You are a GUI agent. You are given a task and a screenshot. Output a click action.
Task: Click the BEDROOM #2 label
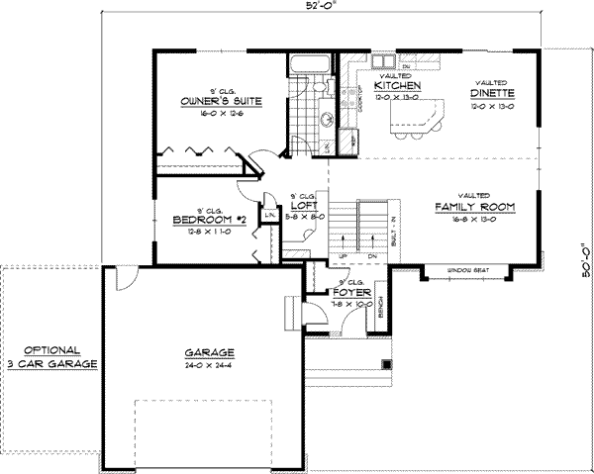[x=201, y=220]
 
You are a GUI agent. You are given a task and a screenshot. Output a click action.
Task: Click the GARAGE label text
[x=208, y=352]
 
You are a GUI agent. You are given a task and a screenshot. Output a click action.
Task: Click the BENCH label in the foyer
[x=380, y=311]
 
